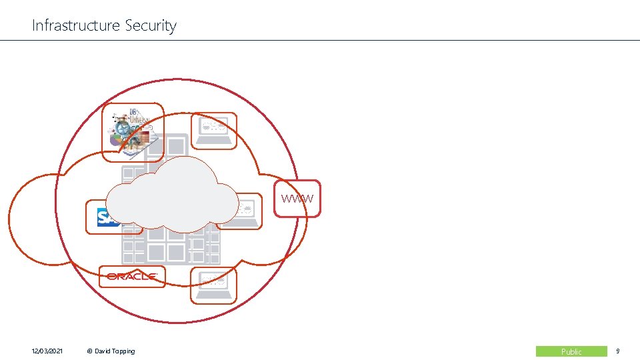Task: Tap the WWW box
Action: click(297, 199)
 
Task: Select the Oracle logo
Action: click(131, 276)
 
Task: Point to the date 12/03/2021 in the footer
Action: click(47, 351)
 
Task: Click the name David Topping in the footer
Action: click(113, 351)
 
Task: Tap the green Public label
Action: click(571, 351)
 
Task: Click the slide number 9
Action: click(617, 351)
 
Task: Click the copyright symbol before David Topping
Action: click(89, 351)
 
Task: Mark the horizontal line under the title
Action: click(320, 41)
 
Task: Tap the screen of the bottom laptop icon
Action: click(213, 281)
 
